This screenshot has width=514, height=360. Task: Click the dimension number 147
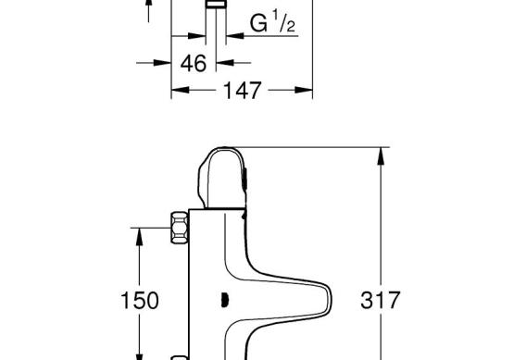[x=243, y=91]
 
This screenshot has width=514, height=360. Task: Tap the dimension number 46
[x=194, y=63]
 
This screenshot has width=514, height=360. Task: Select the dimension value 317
[x=381, y=300]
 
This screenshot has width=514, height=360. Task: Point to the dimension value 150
[x=140, y=301]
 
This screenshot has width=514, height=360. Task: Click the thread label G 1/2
[x=272, y=22]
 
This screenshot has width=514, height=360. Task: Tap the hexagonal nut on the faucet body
[x=180, y=228]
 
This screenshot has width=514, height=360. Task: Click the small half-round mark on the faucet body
[x=225, y=301]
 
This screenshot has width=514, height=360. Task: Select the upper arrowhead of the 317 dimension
[x=381, y=155]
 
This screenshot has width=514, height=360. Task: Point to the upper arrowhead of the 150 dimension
[x=140, y=236]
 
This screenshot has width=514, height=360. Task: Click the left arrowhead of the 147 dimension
[x=180, y=90]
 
